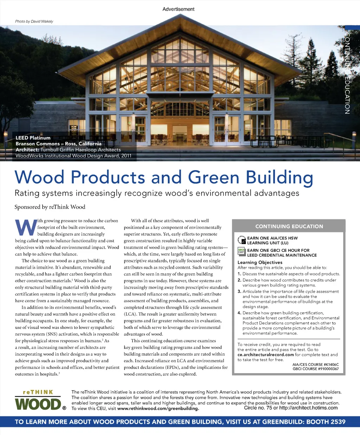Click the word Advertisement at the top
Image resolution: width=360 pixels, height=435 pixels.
coord(178,9)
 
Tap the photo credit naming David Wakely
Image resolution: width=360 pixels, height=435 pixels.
coord(34,21)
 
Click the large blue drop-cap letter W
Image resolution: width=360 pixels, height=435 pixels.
coord(26,228)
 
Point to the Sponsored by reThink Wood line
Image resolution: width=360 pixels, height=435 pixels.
coord(50,207)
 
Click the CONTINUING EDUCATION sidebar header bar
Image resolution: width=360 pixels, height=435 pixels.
coord(289,226)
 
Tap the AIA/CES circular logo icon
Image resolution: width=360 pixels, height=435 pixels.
coord(242,240)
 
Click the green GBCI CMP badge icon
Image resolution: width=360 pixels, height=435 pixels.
coord(241,251)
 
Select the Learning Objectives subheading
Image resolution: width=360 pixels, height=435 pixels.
coord(260,262)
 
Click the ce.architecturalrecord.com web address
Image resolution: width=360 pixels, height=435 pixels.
coord(265,355)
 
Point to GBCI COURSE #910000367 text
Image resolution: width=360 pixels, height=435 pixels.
coord(316,369)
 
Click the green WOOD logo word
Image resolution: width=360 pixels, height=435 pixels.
coord(38,404)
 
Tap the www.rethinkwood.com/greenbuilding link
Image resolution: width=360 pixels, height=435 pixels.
coord(158,409)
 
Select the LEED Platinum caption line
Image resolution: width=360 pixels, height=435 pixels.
coord(33,138)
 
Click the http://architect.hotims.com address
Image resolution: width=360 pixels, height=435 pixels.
coord(308,408)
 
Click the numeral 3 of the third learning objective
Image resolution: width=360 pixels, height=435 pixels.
coord(239,292)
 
